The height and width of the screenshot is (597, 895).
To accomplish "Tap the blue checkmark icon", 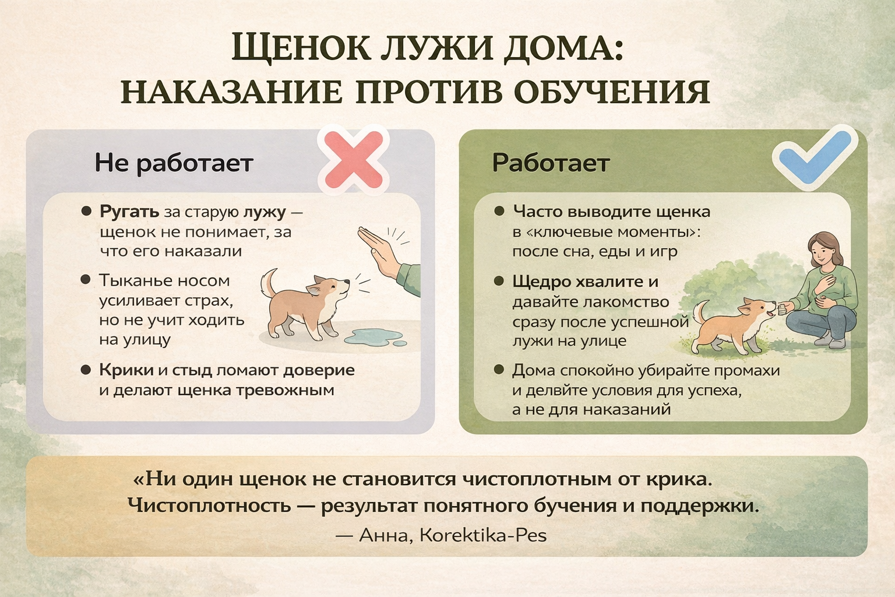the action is click(815, 159).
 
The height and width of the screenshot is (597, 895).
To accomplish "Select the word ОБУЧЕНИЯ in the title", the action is click(612, 92).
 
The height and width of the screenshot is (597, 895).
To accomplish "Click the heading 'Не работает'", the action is click(174, 163).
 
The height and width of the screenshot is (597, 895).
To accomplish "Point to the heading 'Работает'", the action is click(551, 163).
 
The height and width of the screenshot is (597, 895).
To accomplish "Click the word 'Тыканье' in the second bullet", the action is click(135, 280).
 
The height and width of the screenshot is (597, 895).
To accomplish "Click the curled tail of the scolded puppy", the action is click(268, 282).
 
